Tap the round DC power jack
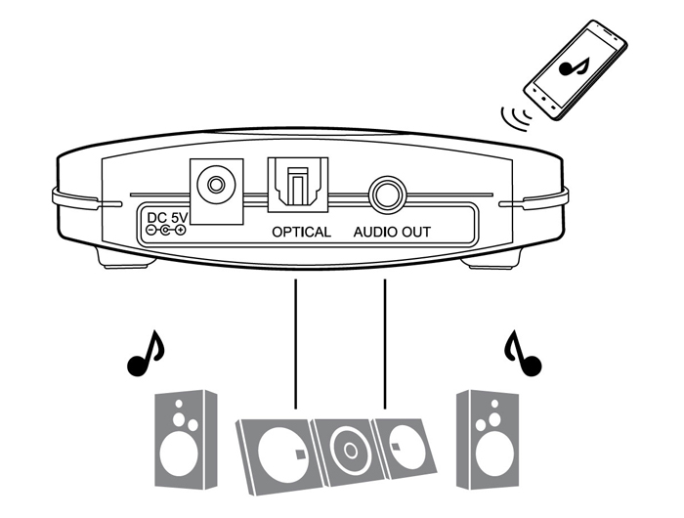216,184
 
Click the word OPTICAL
301,233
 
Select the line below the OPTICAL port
294,342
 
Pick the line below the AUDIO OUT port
386,342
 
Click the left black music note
146,354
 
